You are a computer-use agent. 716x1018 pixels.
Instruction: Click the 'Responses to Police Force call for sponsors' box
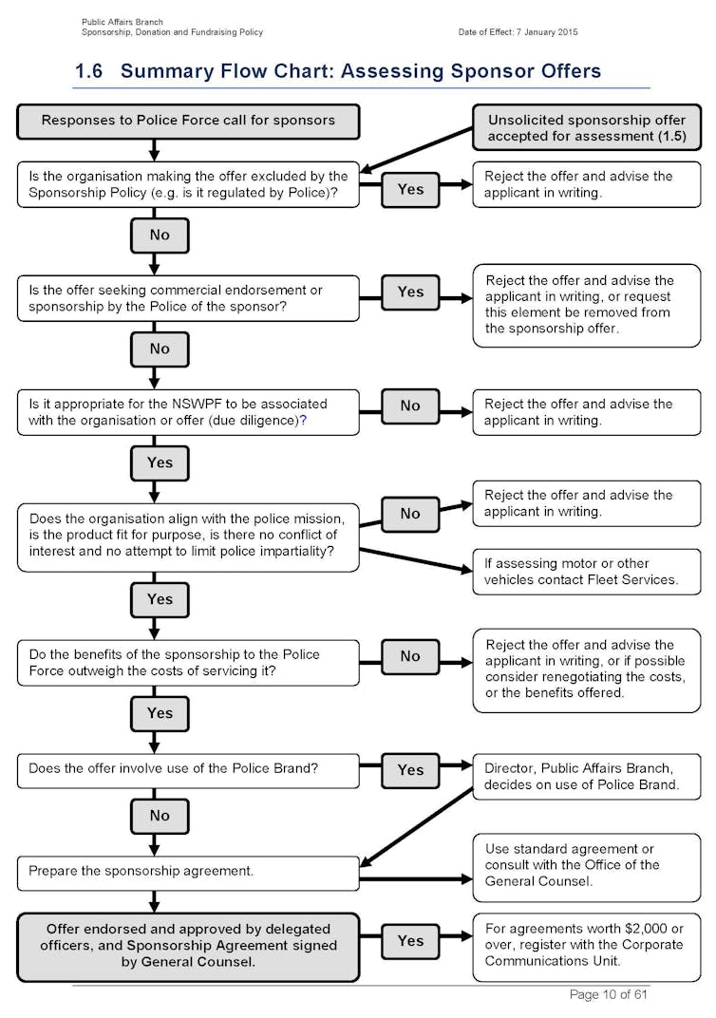(x=188, y=122)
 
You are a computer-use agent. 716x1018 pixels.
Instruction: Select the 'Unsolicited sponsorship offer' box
(x=587, y=127)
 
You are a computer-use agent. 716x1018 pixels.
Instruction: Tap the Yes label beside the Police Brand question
(x=410, y=770)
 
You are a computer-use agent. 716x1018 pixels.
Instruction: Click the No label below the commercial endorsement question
(x=160, y=349)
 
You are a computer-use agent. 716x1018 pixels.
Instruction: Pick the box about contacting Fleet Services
(x=587, y=572)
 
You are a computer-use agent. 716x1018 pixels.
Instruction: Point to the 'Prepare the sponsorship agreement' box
(x=188, y=873)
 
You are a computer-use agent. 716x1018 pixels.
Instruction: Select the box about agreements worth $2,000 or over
(x=587, y=947)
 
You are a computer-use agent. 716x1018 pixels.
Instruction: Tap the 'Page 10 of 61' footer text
(x=609, y=994)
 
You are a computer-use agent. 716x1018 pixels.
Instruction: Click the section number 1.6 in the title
(x=89, y=71)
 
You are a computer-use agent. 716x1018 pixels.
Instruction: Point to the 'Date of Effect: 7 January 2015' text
(x=518, y=32)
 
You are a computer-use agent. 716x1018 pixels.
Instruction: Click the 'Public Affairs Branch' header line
(x=122, y=22)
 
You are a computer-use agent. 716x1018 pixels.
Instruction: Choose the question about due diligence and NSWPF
(x=188, y=412)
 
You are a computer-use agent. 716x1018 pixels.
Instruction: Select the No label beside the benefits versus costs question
(x=410, y=656)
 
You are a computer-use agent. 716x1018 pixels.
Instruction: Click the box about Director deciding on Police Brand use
(x=587, y=777)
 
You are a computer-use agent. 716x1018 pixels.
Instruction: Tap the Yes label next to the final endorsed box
(x=410, y=941)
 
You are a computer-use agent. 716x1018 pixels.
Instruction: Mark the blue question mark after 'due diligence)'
(x=303, y=421)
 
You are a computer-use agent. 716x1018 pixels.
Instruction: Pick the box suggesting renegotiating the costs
(x=587, y=670)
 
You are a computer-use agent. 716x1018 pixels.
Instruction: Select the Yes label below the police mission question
(x=160, y=599)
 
